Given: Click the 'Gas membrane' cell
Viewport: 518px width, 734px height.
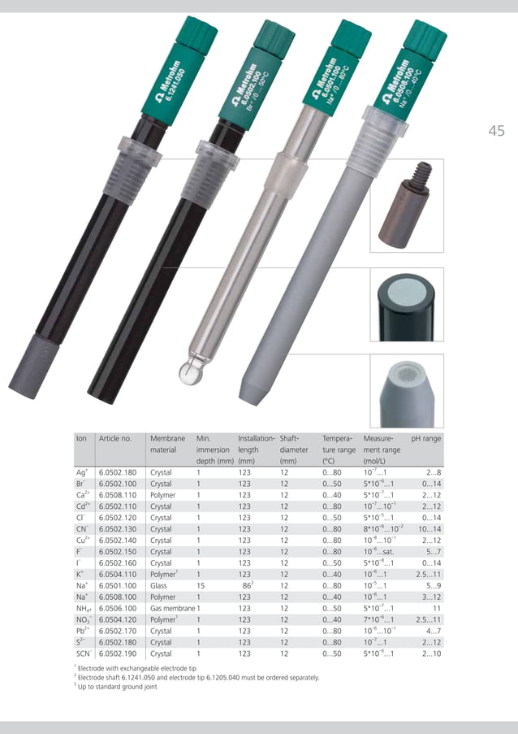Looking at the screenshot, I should pos(171,607).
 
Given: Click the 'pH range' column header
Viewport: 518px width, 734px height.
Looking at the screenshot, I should pos(426,438).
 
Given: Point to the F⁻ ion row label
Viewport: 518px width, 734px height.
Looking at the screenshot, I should pos(81,551).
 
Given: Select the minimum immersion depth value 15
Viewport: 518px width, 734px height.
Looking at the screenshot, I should pos(200,584).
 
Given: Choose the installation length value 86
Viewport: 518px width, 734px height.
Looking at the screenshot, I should pos(246,584).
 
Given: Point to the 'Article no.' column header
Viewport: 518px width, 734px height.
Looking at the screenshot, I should pos(114,438).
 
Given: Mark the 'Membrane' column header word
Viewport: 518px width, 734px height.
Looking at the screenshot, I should pos(168,438).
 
